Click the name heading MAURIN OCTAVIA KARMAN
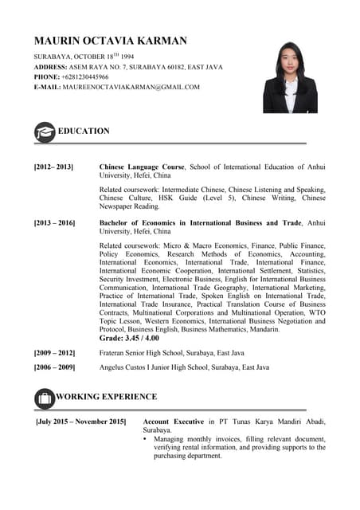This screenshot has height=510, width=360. pyautogui.click(x=110, y=41)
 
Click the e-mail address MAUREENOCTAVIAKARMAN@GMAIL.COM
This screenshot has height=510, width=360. pyautogui.click(x=131, y=87)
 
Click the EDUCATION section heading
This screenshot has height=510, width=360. pyautogui.click(x=84, y=131)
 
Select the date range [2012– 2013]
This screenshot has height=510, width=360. pyautogui.click(x=53, y=167)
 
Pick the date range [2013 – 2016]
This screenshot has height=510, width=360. pyautogui.click(x=54, y=223)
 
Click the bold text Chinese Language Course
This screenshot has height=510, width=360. pyautogui.click(x=142, y=167)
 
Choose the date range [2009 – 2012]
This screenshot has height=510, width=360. pyautogui.click(x=54, y=352)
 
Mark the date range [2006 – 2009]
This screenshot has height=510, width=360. pyautogui.click(x=54, y=367)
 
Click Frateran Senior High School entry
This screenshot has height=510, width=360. pyautogui.click(x=171, y=352)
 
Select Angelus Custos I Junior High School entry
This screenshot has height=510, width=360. pyautogui.click(x=184, y=367)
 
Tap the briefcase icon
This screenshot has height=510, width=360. pyautogui.click(x=45, y=397)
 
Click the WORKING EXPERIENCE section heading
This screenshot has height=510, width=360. pyautogui.click(x=106, y=396)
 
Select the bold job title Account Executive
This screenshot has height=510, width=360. pyautogui.click(x=174, y=421)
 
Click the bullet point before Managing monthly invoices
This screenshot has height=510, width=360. pyautogui.click(x=145, y=439)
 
